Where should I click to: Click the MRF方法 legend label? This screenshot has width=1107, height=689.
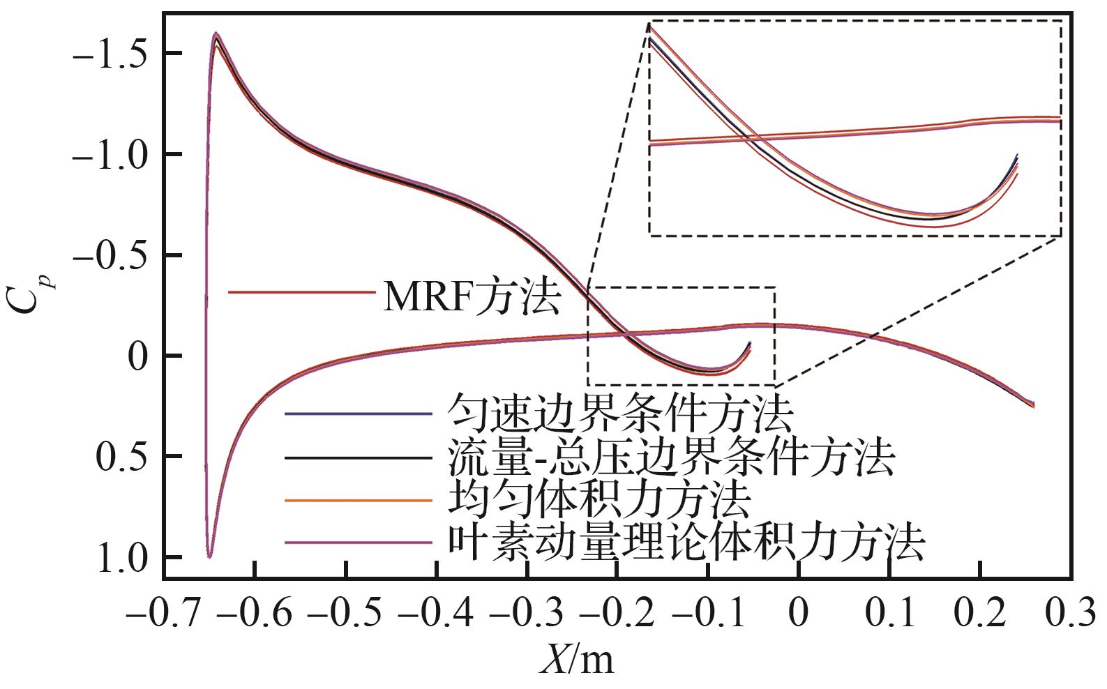point(472,298)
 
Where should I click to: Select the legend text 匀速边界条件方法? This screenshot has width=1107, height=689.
point(619,414)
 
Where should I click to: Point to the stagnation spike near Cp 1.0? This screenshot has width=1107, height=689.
point(209,556)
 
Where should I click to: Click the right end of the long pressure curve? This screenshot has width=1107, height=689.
point(1032,405)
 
